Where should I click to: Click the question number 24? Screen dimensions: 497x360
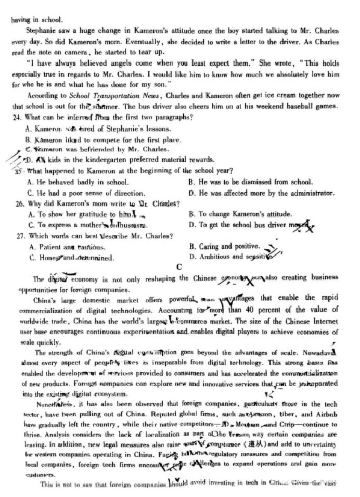pyautogui.click(x=19, y=117)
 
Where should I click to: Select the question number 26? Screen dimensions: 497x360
pyautogui.click(x=19, y=203)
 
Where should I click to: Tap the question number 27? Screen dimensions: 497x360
pyautogui.click(x=19, y=236)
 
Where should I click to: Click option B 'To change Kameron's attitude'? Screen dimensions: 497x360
pyautogui.click(x=248, y=214)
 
